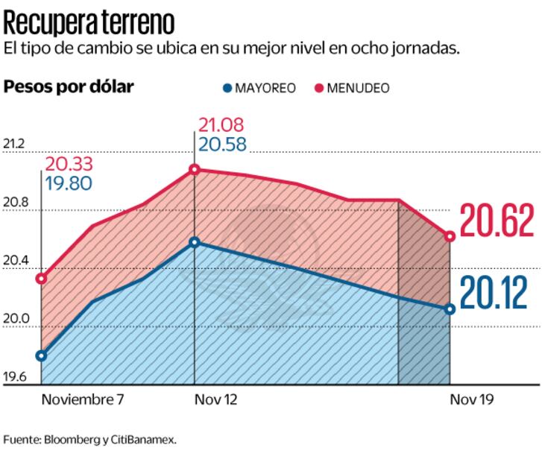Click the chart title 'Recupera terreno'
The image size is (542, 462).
(x=89, y=22)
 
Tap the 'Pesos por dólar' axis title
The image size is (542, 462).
(x=69, y=87)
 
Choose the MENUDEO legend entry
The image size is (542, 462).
(x=351, y=88)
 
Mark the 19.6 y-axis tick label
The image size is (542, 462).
(x=16, y=378)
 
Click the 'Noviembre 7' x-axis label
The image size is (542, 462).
(x=83, y=399)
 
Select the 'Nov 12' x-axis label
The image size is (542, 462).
(x=215, y=399)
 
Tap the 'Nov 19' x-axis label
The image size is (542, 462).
(x=472, y=399)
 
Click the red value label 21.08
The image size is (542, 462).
(x=221, y=125)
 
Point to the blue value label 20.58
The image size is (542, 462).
(x=221, y=143)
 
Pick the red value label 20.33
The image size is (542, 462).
(x=69, y=164)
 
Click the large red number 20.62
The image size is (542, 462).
(x=497, y=222)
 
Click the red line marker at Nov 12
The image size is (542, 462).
(x=195, y=170)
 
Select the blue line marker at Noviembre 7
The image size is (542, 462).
(x=41, y=355)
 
